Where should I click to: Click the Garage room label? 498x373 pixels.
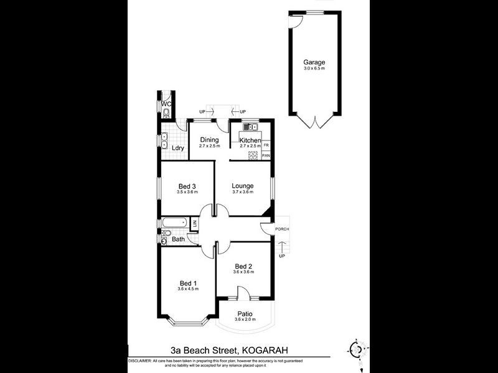314,62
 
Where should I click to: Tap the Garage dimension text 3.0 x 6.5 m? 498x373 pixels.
314,69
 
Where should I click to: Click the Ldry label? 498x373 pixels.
178,148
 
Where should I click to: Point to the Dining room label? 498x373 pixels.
209,140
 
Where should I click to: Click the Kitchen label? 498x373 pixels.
250,141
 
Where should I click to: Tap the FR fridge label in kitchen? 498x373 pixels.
266,145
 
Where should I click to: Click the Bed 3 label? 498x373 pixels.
187,186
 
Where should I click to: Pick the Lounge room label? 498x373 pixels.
242,185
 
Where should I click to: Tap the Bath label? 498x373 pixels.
178,239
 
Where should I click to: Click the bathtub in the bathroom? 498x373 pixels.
174,223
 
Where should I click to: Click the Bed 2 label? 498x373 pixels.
243,267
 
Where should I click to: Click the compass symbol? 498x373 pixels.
356,348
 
